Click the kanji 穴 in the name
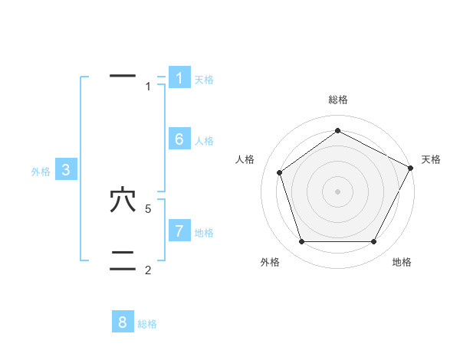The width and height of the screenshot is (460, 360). click(123, 201)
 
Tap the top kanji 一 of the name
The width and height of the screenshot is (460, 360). click(123, 76)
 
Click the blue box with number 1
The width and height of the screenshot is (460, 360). click(179, 77)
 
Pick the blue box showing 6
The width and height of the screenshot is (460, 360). click(179, 139)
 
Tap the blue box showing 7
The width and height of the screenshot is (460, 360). click(179, 231)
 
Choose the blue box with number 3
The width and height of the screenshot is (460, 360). click(66, 170)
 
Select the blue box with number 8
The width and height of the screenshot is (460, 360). click(123, 322)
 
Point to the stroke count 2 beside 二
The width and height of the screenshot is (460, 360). click(149, 270)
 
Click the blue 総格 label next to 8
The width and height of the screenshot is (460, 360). click(147, 324)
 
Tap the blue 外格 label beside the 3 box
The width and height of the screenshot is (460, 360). click(41, 172)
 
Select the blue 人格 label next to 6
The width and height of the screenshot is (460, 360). click(204, 141)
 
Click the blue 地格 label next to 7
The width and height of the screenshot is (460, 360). click(204, 233)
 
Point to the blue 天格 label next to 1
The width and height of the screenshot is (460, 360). click(204, 80)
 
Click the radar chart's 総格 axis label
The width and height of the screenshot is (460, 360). click(338, 100)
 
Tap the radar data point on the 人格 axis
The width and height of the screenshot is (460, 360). click(280, 172)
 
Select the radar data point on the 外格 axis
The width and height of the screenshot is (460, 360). click(301, 242)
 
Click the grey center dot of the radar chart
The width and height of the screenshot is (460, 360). click(337, 191)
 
